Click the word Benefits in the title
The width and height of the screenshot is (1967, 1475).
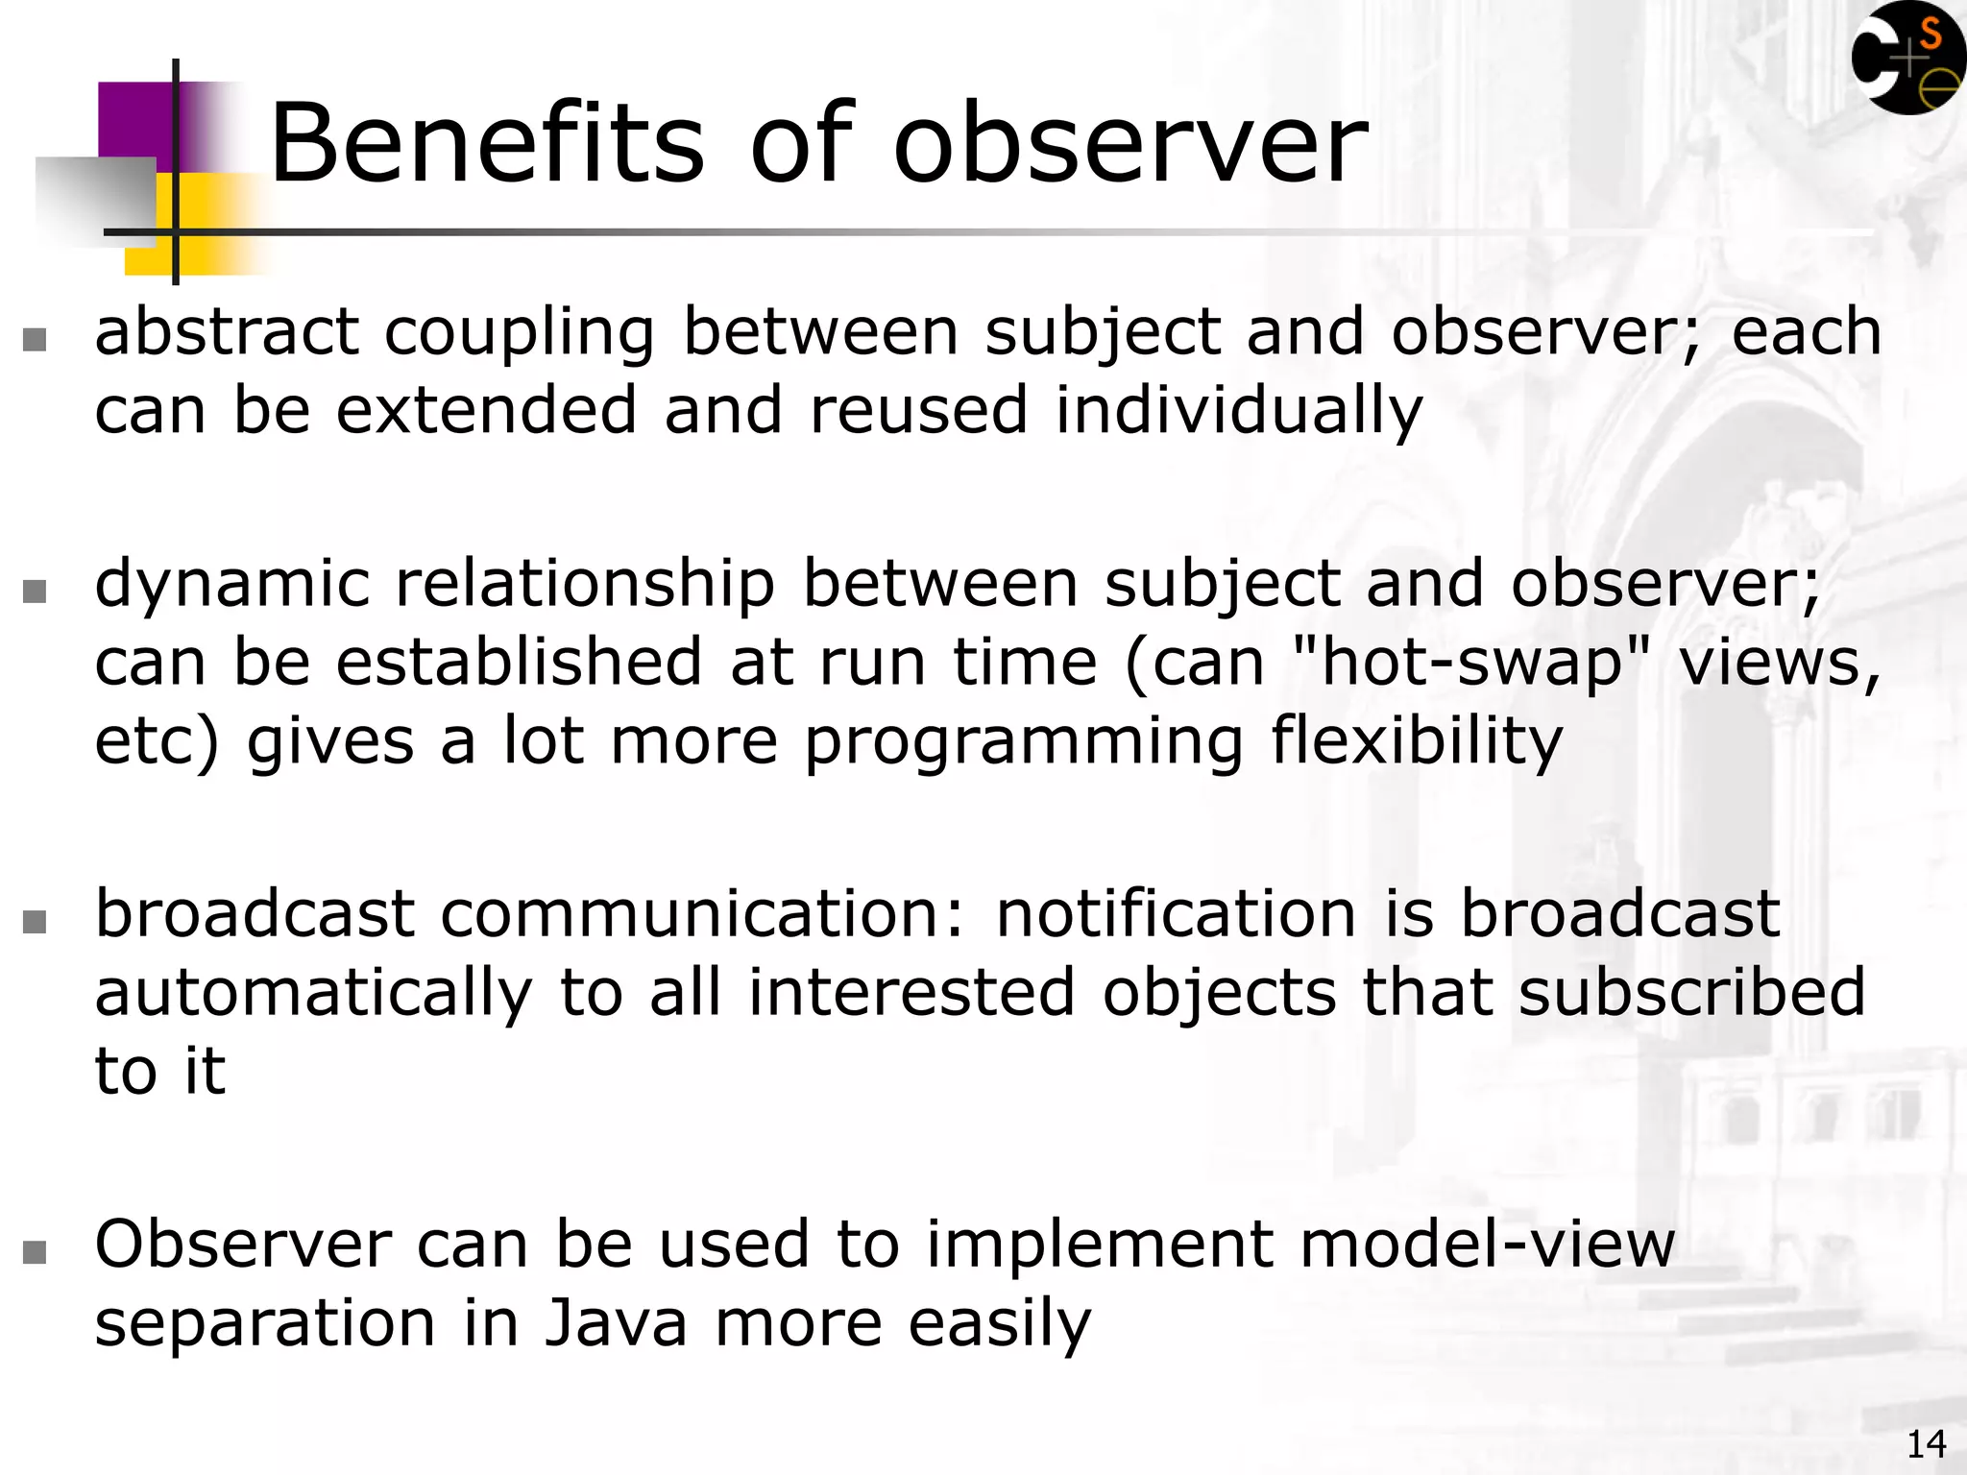point(487,144)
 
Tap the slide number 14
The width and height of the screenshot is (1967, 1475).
point(1926,1444)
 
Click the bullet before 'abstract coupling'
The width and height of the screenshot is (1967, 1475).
point(35,339)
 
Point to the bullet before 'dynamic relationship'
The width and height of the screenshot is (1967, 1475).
point(35,591)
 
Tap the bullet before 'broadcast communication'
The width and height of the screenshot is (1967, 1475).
point(35,921)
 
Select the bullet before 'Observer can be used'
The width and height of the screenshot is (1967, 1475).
point(35,1251)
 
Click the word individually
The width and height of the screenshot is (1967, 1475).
point(1238,411)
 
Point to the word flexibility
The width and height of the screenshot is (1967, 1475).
point(1417,742)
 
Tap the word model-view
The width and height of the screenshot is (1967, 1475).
point(1487,1245)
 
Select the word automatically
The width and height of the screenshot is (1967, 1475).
point(313,993)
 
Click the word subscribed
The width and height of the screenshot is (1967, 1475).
point(1691,993)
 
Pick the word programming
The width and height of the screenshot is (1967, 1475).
point(1024,742)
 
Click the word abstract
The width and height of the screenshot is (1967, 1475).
point(227,332)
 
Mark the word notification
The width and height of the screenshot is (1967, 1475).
point(1176,914)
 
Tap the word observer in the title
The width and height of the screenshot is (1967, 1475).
point(1130,144)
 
